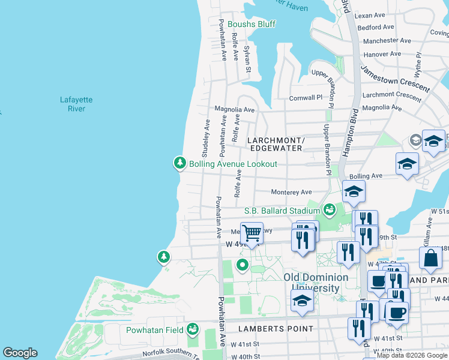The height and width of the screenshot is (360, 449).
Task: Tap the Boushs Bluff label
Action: [251, 24]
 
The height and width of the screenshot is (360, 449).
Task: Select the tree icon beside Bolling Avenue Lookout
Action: [179, 163]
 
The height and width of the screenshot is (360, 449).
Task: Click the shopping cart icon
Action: [252, 232]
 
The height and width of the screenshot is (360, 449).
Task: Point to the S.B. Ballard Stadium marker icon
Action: [329, 209]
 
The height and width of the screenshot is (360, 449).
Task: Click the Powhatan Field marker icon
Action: [192, 329]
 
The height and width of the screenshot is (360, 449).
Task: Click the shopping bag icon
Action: [430, 258]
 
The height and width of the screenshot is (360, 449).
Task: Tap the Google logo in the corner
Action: [20, 353]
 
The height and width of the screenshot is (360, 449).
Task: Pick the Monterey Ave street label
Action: [292, 192]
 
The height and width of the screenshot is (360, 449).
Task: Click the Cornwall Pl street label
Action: [306, 97]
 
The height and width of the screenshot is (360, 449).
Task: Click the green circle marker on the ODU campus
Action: [243, 265]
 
